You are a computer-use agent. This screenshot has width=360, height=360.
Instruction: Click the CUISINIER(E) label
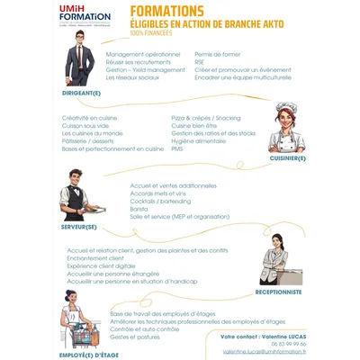tap(288, 158)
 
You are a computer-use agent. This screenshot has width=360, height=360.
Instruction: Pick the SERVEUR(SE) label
tap(79, 226)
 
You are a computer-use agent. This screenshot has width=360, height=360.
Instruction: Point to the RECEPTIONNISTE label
tap(280, 292)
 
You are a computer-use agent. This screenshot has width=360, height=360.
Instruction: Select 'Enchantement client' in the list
tap(95, 258)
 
